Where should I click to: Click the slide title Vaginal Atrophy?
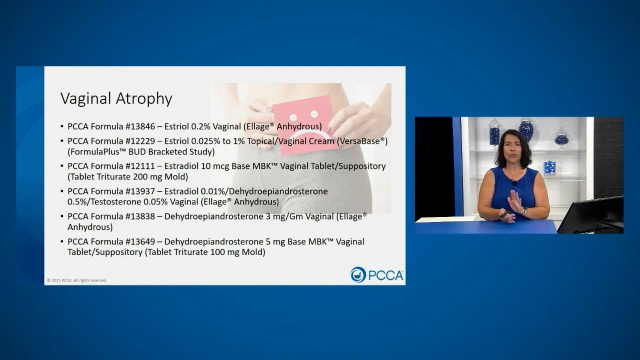tap(116, 98)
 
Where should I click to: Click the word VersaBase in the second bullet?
tap(361, 141)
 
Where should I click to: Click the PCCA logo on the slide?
tap(377, 274)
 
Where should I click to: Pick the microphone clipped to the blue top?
tap(514, 182)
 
